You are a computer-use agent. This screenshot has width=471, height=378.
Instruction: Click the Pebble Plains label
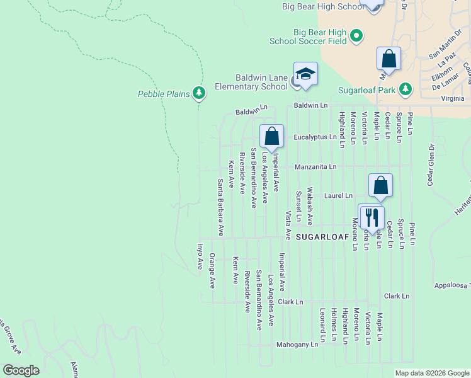point(164,94)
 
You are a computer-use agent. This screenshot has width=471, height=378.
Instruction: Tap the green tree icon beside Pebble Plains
point(200,94)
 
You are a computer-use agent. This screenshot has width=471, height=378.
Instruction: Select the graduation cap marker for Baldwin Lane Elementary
point(305,74)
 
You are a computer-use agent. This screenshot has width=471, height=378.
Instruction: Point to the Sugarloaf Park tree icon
point(407,89)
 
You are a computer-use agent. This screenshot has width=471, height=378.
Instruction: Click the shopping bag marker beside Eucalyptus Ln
point(271,136)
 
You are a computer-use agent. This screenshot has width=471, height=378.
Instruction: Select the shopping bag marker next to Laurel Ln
point(380,186)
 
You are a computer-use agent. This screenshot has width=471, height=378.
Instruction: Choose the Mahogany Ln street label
point(297,345)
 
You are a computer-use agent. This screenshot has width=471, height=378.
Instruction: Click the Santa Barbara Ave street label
point(220,208)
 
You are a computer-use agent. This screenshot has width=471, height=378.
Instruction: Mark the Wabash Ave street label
point(310,206)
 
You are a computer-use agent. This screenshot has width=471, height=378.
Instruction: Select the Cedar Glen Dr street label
point(432,166)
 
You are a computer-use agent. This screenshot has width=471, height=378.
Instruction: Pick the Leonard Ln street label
point(322,326)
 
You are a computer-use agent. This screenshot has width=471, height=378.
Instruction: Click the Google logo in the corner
point(21,370)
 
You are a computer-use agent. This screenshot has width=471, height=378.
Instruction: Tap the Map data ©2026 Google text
point(431,373)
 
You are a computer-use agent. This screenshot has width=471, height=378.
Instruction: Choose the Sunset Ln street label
point(298,207)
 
